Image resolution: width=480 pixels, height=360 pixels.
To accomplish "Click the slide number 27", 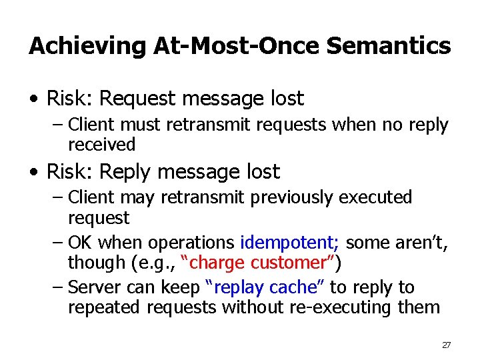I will [x=446, y=345].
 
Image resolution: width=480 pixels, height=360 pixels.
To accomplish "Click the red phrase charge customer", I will [x=262, y=263].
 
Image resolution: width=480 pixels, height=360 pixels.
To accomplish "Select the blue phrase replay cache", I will [x=265, y=287].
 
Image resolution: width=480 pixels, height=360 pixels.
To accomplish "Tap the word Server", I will [x=95, y=287].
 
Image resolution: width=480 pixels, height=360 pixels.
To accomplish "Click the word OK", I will [x=81, y=243].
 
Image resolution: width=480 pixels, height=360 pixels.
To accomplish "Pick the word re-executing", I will [x=347, y=307].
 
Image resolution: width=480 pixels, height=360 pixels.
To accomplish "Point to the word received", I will [x=101, y=145].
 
